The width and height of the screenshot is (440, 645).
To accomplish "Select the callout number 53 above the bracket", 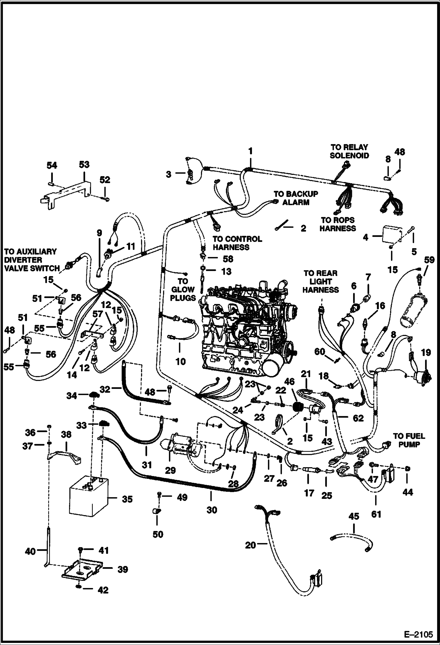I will click(x=84, y=164).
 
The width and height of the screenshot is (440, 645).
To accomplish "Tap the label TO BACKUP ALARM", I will click(x=296, y=198).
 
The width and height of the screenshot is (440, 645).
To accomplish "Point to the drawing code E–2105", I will click(x=418, y=634).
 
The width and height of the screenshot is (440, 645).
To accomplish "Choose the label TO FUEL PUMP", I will click(x=409, y=440).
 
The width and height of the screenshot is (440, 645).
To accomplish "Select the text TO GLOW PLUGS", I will click(x=183, y=290).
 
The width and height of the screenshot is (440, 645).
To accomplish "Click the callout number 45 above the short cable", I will click(x=354, y=525).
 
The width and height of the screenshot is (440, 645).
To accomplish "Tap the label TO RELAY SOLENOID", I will click(x=349, y=151).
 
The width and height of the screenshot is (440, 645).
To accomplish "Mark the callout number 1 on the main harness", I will click(x=250, y=151).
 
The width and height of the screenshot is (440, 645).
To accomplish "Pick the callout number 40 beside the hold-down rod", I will click(x=30, y=551).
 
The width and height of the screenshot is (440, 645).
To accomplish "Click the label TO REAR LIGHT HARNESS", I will click(x=320, y=282).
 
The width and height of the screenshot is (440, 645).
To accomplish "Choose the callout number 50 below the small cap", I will click(x=158, y=534).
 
